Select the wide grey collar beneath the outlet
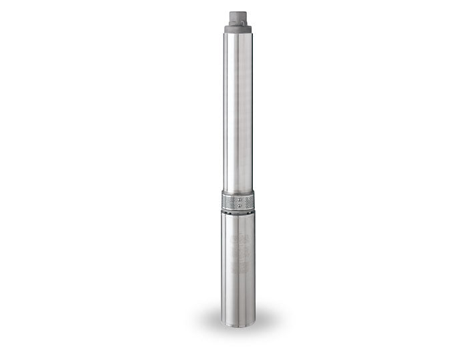point(238,28)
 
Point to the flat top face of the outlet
point(238,9)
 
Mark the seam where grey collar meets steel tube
point(238,33)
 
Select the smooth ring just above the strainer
point(238,191)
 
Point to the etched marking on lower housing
point(238,253)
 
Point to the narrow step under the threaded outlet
point(238,21)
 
